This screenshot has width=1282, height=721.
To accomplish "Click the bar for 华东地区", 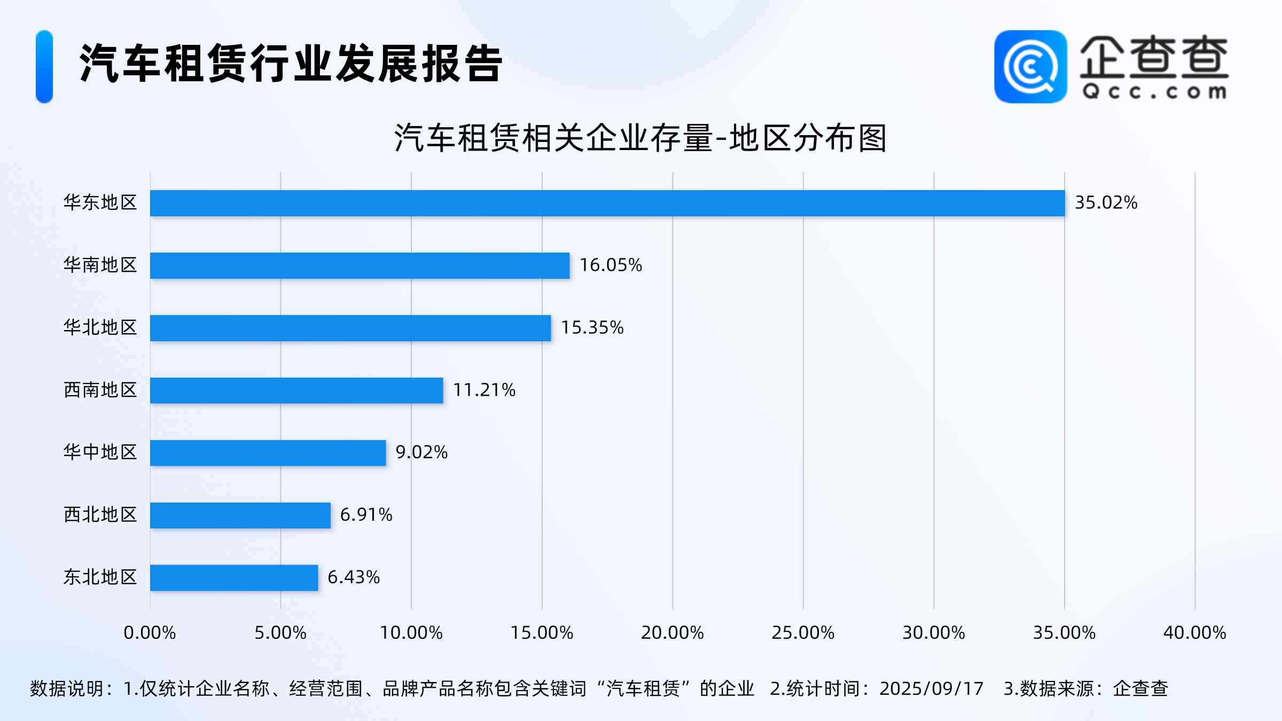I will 607,203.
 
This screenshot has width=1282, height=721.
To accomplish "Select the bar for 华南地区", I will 359,265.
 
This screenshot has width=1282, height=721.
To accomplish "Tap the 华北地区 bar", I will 350,328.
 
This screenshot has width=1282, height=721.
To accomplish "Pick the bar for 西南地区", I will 296,390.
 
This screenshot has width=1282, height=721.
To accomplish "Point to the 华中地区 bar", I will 268,453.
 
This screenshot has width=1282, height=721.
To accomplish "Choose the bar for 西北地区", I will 240,515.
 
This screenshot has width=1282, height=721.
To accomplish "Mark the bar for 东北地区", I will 234,578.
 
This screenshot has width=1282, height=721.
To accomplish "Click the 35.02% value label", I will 1106,203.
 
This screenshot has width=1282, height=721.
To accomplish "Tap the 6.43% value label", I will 353,577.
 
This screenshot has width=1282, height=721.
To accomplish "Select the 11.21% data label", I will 484,390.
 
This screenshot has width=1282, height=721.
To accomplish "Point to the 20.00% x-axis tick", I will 672,633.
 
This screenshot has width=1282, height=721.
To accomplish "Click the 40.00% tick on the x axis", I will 1194,633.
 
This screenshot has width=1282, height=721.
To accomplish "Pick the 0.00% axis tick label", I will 150,633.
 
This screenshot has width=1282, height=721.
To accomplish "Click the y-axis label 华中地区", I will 100,452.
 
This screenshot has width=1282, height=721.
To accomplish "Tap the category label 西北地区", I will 100,515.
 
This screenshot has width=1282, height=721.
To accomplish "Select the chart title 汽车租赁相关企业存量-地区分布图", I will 640,138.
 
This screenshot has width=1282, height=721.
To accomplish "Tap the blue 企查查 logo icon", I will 1030,66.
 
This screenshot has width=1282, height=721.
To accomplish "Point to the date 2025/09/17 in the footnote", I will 931,688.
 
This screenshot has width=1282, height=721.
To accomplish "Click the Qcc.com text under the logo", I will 1154,92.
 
